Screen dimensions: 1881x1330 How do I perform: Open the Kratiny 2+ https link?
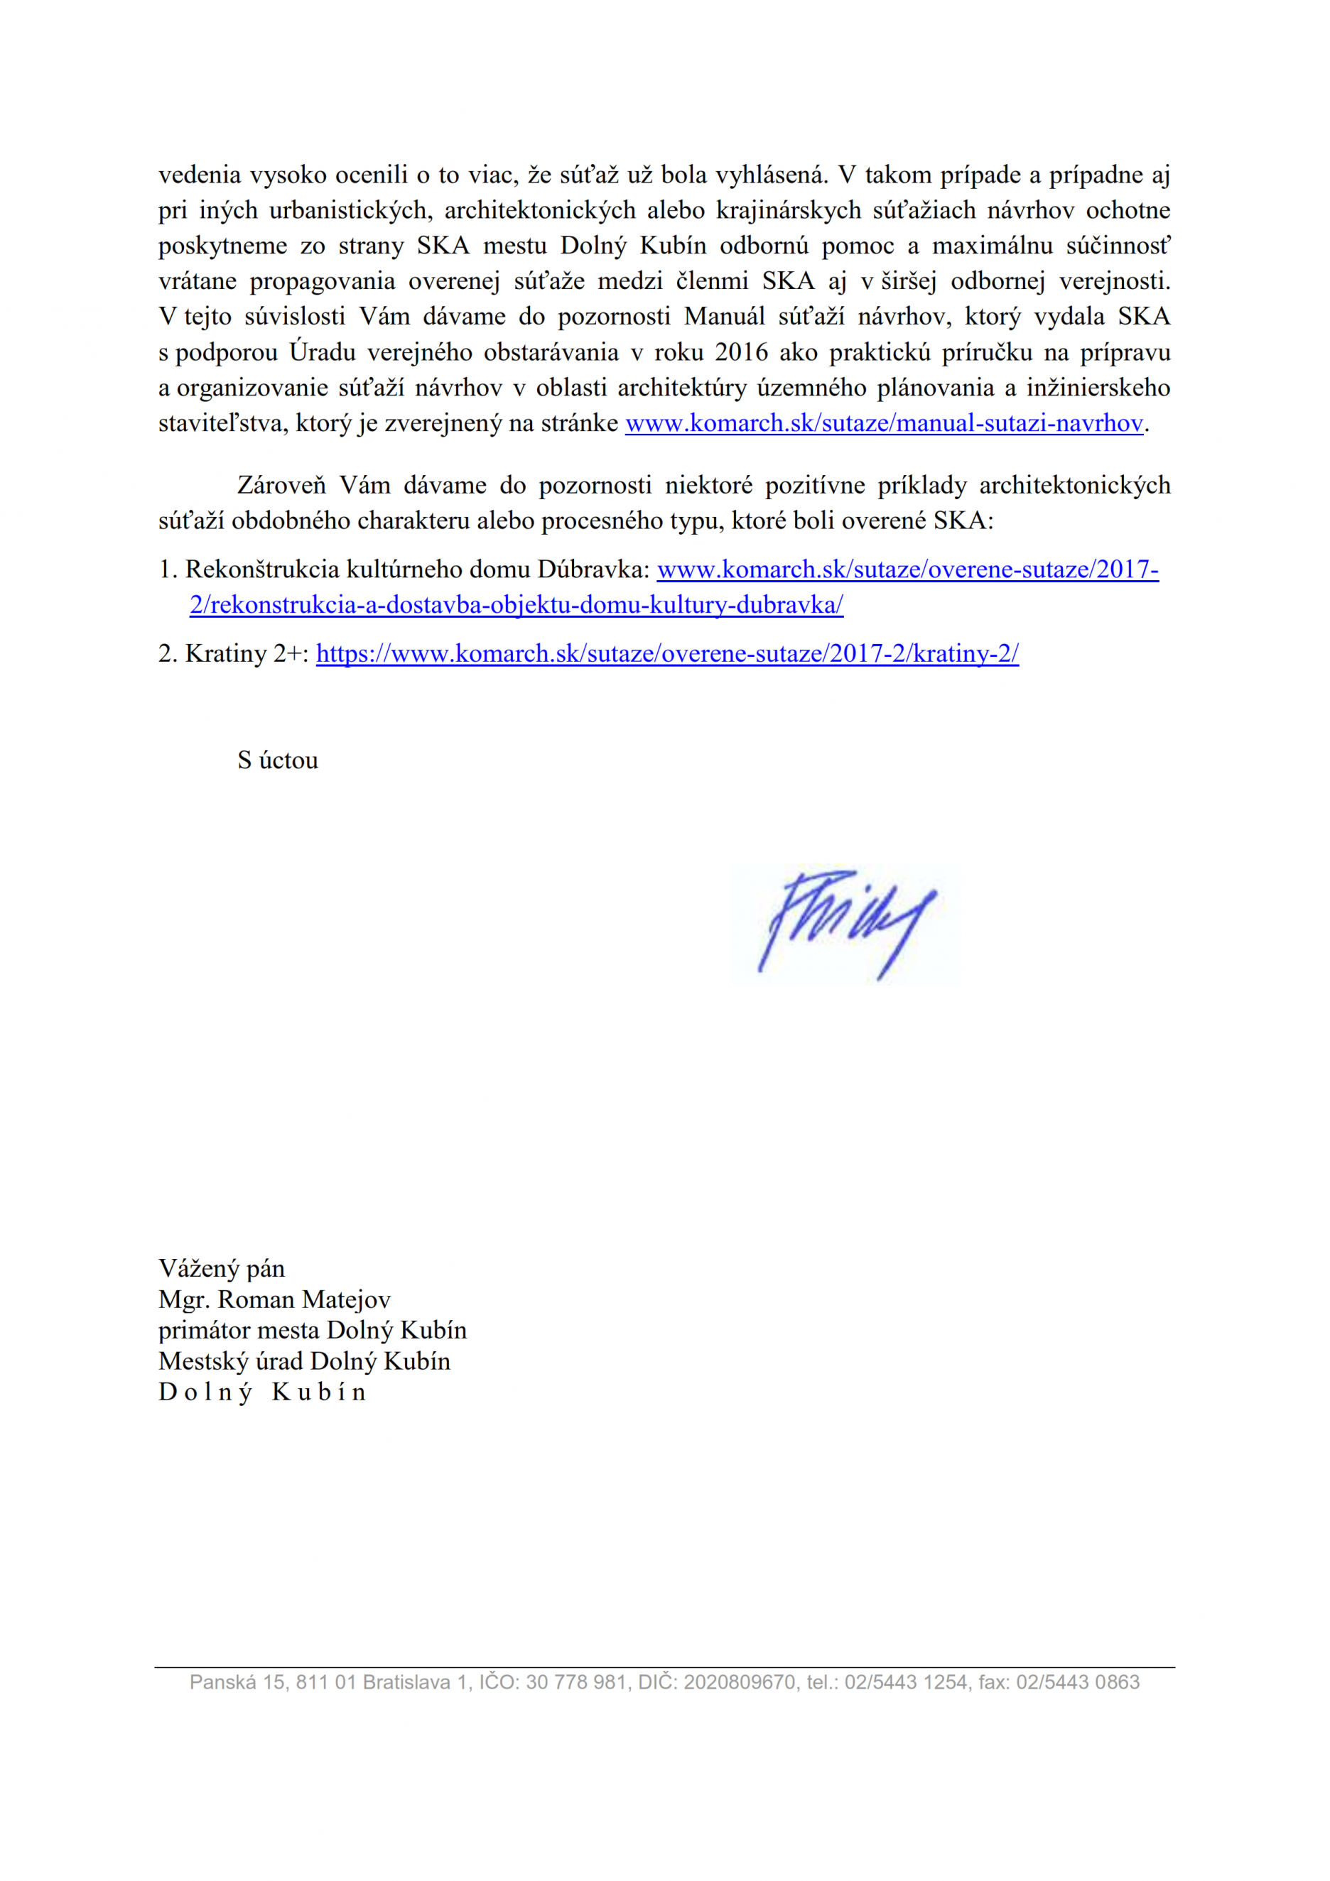667,653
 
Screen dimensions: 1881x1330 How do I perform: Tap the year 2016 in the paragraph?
741,352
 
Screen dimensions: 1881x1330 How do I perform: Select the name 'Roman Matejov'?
304,1299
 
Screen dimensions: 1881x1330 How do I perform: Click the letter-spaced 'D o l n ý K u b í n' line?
262,1392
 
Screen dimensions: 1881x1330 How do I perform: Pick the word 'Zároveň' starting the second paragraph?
281,485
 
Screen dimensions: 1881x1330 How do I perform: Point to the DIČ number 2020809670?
739,1682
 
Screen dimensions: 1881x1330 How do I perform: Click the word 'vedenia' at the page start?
199,175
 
